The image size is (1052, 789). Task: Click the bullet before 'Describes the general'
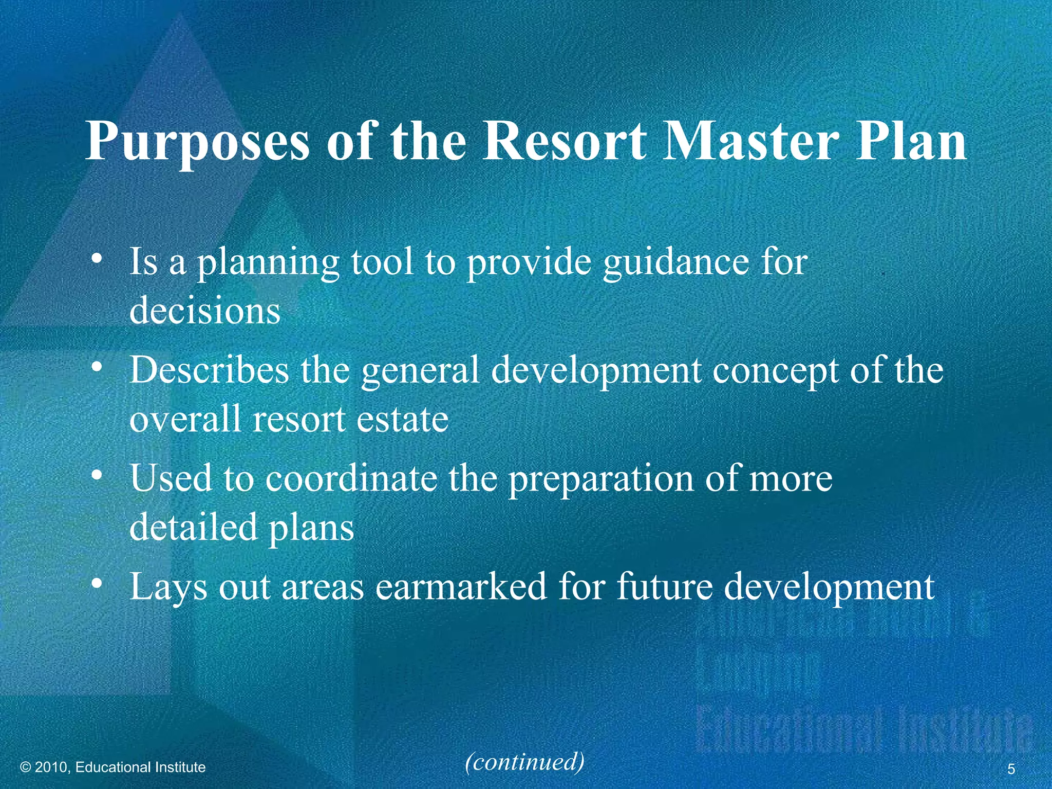click(96, 366)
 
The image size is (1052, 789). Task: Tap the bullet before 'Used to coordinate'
click(96, 475)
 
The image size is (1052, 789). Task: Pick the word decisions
click(205, 311)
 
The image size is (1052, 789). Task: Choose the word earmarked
click(461, 587)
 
